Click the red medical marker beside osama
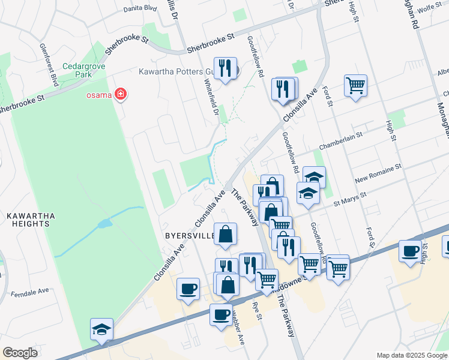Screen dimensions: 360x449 (121, 94)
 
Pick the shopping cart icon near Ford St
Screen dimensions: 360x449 (355, 85)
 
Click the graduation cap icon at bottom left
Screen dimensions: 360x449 (101, 329)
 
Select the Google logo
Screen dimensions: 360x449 (20, 353)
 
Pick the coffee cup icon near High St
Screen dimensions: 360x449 (411, 251)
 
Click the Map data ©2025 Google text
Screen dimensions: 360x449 (412, 355)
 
